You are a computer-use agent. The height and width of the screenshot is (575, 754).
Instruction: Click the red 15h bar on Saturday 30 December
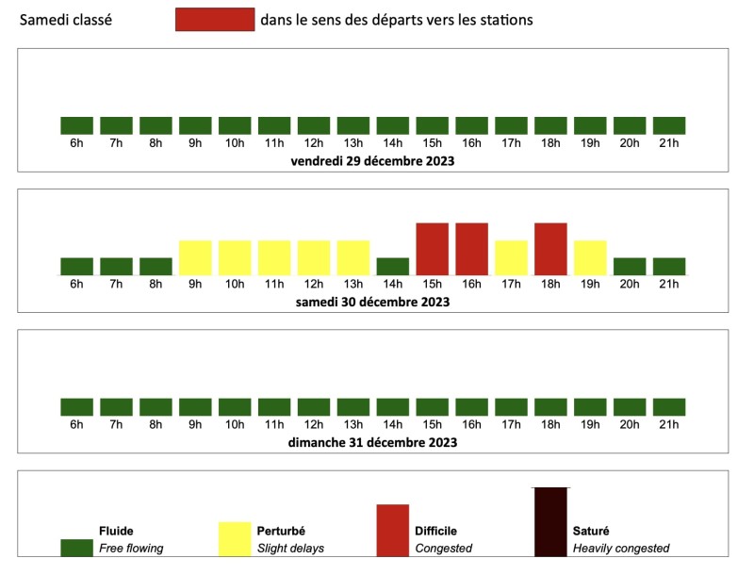click(432, 249)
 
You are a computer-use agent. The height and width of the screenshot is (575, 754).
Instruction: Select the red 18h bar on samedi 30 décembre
click(550, 249)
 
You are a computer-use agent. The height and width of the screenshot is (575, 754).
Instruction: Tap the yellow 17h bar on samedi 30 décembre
click(511, 257)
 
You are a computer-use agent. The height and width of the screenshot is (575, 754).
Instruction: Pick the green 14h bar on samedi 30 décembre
click(392, 266)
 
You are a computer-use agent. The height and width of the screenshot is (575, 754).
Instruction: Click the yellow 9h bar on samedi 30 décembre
click(195, 257)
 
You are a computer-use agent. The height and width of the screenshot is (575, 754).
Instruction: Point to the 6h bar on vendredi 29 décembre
click(76, 125)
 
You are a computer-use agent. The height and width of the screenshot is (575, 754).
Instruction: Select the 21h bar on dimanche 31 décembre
click(669, 407)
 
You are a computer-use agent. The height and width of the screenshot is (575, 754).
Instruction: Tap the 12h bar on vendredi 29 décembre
click(314, 125)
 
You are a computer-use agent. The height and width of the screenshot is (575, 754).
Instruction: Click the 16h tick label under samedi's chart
click(471, 285)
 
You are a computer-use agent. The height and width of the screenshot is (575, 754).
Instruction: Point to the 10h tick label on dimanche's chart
click(235, 425)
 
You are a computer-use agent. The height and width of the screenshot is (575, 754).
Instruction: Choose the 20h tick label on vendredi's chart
click(630, 143)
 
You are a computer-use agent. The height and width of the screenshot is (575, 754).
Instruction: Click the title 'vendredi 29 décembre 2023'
click(373, 161)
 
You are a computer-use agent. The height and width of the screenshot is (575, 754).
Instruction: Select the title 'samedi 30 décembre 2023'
click(373, 303)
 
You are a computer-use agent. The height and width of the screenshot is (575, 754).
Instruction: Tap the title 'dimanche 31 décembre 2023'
click(373, 442)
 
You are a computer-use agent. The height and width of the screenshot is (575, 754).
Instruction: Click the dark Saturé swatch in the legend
click(550, 521)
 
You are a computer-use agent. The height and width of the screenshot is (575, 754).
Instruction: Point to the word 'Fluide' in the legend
click(118, 531)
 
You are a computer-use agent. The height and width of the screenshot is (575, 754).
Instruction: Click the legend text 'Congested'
click(444, 548)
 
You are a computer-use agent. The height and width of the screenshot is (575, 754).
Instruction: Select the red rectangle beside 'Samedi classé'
click(215, 20)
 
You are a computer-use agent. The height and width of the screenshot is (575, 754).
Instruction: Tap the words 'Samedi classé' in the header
click(66, 20)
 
